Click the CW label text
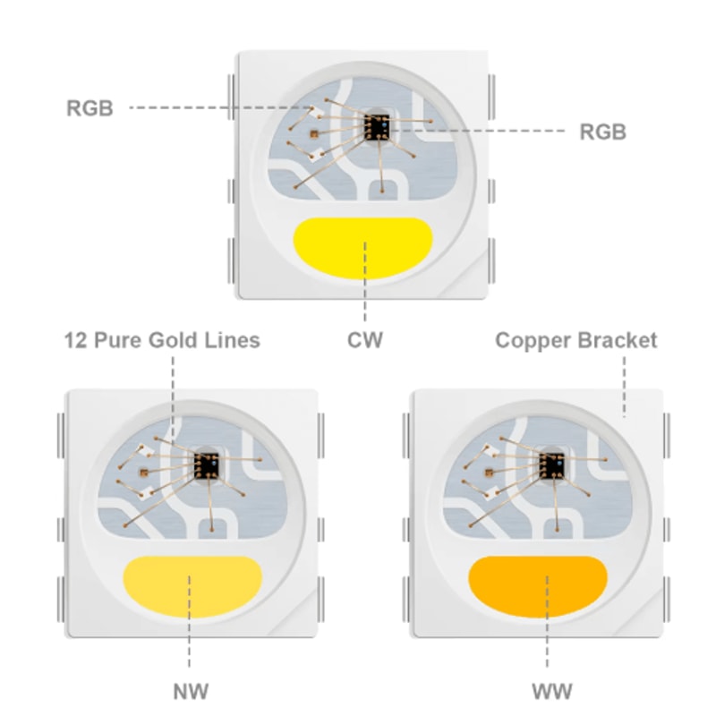point(364,341)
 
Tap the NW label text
point(190,690)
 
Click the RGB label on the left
point(89,109)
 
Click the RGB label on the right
point(602,132)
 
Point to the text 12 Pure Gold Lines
point(162,341)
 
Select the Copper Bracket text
point(575,341)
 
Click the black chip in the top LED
point(379,126)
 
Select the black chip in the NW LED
point(208,463)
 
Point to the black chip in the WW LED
point(551,463)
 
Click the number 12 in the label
point(74,341)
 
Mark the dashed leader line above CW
point(364,295)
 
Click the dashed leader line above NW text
point(190,635)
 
